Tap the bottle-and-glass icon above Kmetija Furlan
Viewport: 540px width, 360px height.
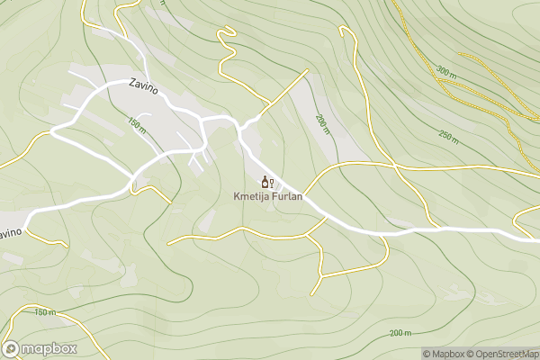click(266, 182)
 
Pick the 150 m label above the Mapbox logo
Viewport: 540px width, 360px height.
click(44, 312)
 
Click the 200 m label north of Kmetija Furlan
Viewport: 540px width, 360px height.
click(322, 124)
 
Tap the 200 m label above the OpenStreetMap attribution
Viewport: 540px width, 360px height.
click(400, 333)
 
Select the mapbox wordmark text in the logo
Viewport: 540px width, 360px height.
click(50, 348)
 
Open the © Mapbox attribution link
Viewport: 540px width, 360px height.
click(445, 354)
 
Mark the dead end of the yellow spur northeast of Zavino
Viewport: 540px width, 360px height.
click(308, 68)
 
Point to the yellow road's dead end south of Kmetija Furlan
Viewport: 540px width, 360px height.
click(312, 293)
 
